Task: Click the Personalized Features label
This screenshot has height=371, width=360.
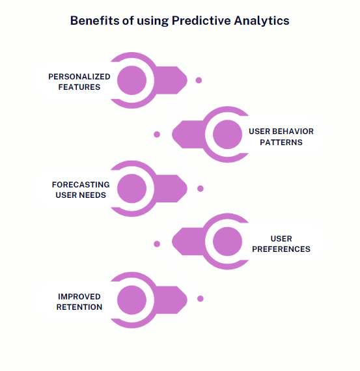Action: pos(79,81)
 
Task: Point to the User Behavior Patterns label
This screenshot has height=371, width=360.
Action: pos(281,137)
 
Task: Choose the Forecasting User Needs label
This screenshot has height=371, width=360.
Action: pos(81,189)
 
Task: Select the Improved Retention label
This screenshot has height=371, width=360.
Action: pos(79,302)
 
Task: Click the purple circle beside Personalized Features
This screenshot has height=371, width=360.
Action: pos(132,80)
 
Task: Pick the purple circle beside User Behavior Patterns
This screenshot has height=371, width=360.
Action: pos(227,135)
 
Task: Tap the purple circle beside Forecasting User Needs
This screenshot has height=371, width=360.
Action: pos(132,188)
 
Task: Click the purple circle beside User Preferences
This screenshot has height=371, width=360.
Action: pos(227,243)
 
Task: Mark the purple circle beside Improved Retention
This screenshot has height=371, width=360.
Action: pos(132,299)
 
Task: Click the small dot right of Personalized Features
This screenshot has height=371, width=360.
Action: pos(199,81)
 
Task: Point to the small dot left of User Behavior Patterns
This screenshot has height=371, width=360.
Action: pos(157,135)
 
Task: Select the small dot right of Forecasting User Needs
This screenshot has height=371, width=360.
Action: pos(201,189)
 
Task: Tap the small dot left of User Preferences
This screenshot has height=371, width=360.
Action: pos(157,244)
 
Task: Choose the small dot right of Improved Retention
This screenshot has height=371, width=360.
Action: pos(201,299)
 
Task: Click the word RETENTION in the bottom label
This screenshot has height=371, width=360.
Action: pos(79,307)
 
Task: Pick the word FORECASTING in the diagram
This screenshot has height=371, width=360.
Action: pos(81,185)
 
